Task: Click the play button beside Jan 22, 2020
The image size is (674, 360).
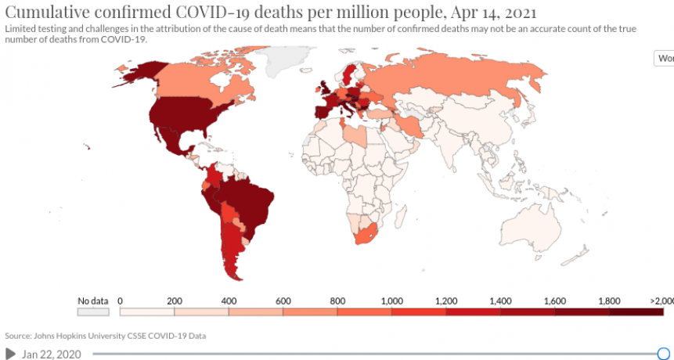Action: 11,354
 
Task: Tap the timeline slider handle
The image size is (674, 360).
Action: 664,354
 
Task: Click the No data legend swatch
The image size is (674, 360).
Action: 92,311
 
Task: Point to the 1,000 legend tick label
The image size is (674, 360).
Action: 391,300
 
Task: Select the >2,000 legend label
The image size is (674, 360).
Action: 661,300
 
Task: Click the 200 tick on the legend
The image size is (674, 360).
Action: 175,300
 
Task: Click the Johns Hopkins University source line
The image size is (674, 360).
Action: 106,336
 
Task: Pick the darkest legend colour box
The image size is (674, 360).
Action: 636,311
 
